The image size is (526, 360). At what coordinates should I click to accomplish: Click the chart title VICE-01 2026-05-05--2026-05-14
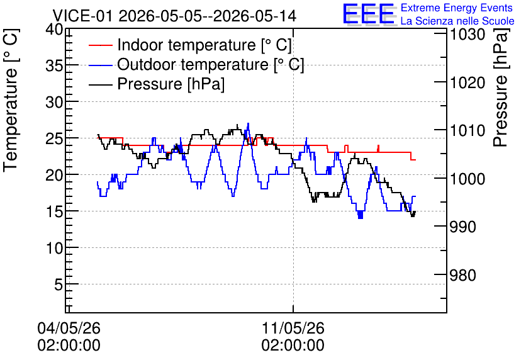[174, 16]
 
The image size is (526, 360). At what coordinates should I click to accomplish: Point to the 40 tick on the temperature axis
[54, 30]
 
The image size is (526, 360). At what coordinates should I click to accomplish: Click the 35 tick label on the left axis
[54, 65]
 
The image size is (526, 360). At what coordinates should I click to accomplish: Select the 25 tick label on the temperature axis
[54, 138]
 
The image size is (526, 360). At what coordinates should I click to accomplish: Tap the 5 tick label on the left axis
[59, 284]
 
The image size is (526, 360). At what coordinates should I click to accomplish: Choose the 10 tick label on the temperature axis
[54, 248]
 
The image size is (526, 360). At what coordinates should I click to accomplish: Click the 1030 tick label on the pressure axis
[467, 35]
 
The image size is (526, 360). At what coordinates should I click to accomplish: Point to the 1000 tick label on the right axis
[467, 179]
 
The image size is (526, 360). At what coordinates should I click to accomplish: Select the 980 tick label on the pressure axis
[462, 275]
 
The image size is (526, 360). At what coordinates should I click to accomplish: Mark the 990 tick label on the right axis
[462, 227]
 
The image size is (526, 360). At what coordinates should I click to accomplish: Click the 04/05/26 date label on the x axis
[69, 328]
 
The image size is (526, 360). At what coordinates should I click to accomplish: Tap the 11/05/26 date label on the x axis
[293, 328]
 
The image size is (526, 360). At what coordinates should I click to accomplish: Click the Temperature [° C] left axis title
[11, 100]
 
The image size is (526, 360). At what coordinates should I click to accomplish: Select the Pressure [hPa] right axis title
[501, 87]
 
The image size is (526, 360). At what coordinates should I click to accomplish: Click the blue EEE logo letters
[369, 14]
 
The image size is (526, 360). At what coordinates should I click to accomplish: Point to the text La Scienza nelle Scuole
[457, 21]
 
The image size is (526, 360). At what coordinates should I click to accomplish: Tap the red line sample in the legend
[100, 45]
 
